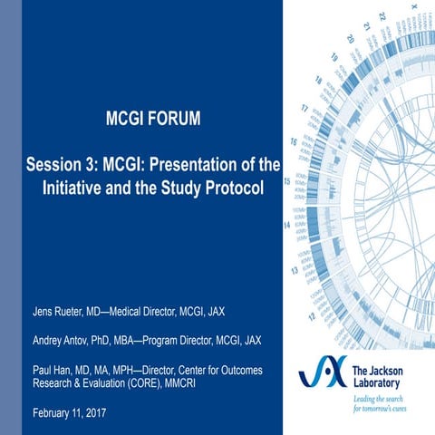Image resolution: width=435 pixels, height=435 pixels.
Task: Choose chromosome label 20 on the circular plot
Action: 350,40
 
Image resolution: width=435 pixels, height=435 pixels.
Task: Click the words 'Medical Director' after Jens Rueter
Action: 151,313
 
